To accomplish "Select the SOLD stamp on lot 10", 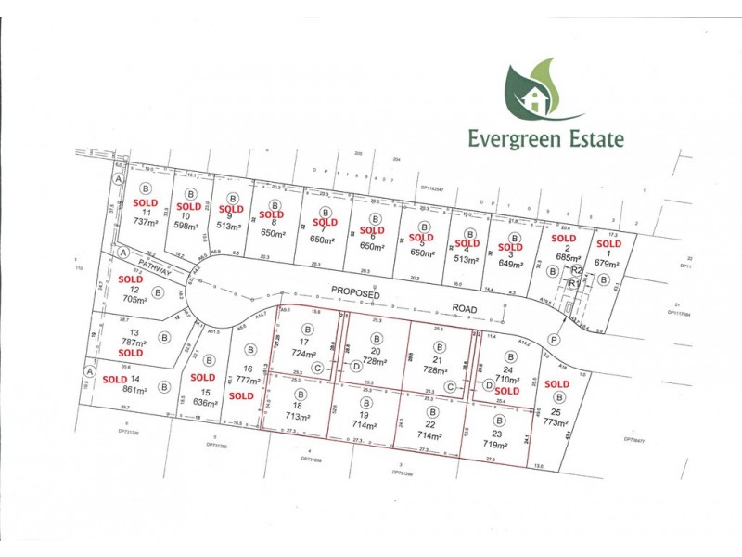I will [x=189, y=206].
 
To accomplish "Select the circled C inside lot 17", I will [x=317, y=368].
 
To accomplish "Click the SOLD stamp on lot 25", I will [x=556, y=383].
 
